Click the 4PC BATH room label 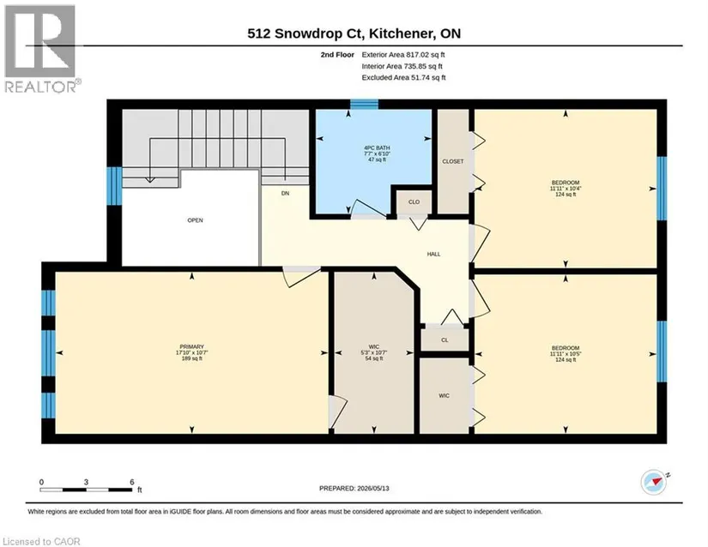(x=377, y=148)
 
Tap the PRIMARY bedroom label (x=192, y=346)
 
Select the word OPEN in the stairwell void (x=195, y=220)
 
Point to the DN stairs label (x=285, y=194)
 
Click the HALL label (x=433, y=255)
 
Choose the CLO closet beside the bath (x=414, y=202)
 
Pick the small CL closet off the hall (x=445, y=340)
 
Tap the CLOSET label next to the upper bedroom (x=453, y=161)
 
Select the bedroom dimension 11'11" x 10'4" (x=566, y=189)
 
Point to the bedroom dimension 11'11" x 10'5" (x=566, y=354)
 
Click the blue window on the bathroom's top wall (x=365, y=104)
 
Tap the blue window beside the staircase (x=114, y=186)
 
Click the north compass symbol (x=654, y=483)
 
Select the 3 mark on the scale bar (x=86, y=482)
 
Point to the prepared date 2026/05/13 (x=373, y=489)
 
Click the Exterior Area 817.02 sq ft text (x=403, y=55)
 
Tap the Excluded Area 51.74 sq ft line (x=403, y=77)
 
